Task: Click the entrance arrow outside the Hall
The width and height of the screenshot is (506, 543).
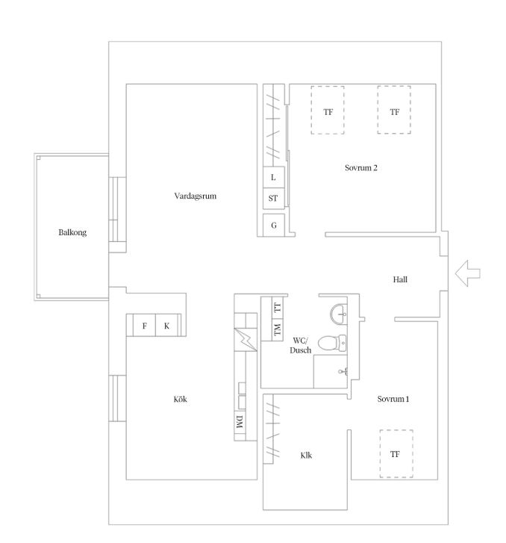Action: pos(468,273)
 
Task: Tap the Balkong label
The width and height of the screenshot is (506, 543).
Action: pos(72,232)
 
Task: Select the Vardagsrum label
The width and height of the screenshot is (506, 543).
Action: pos(196,196)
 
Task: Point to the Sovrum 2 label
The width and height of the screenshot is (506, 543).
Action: pos(361,168)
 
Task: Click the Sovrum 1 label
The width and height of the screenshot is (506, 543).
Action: pos(393,399)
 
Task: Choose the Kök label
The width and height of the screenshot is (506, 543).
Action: pos(180,399)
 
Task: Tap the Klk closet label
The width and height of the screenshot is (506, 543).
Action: pos(306,456)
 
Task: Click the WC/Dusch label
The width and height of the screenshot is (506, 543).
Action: pos(300,345)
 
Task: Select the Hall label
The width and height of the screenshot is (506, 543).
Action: pos(400,279)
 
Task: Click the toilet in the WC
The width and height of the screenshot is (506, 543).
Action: pos(332,343)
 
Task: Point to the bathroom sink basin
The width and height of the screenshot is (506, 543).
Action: pos(339,314)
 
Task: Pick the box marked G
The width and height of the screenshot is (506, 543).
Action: pos(274,225)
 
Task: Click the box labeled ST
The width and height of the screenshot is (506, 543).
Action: pos(274,199)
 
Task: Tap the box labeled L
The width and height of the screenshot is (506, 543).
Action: pos(274,177)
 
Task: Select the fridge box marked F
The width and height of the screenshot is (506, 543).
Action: pos(144,326)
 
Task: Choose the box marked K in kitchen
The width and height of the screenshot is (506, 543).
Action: pos(167,326)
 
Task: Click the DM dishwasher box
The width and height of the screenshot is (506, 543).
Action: pos(240,421)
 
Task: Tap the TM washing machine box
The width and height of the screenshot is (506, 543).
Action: pos(277,329)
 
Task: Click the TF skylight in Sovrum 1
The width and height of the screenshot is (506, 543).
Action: pos(396,454)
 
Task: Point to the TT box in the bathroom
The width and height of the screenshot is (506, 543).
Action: pos(277,308)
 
